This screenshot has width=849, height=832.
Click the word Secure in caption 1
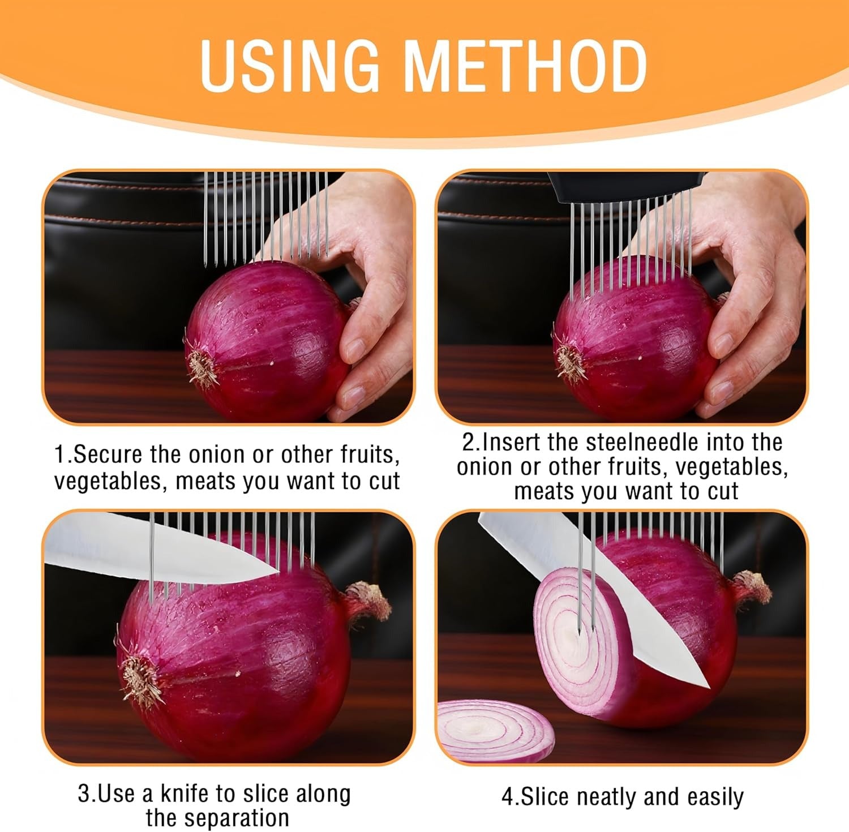(109, 454)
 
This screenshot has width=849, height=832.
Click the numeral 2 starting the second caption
(467, 442)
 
